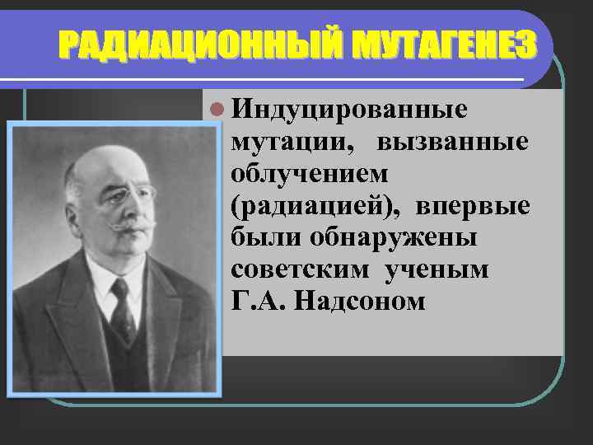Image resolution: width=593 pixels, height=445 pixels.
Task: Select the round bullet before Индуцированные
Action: click(x=216, y=109)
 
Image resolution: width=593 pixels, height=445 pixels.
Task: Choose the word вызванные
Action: click(x=452, y=142)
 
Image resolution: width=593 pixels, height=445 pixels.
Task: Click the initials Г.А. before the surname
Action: click(x=259, y=302)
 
